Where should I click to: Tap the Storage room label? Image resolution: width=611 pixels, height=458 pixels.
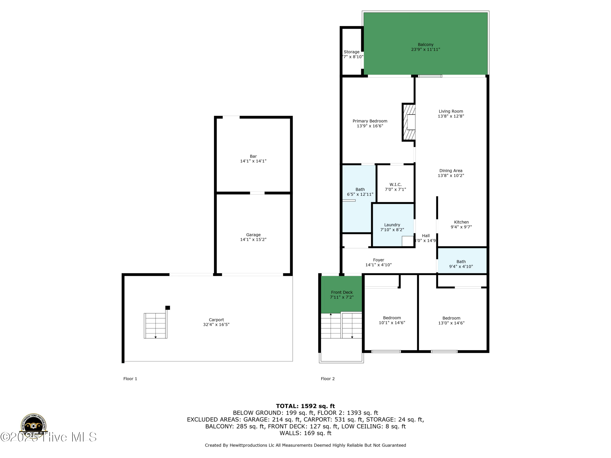click(351, 52)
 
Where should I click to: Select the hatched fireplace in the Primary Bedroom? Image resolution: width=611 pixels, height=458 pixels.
click(409, 122)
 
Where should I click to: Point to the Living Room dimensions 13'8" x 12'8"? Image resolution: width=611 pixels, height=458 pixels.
click(451, 116)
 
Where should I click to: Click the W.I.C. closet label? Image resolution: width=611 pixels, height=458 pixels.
click(395, 184)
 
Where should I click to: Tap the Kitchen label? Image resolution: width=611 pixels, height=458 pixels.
click(461, 222)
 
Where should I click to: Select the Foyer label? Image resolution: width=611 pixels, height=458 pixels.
click(378, 260)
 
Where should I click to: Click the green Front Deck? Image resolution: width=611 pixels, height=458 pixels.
click(342, 295)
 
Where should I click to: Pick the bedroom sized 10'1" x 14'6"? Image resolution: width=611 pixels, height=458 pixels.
click(392, 320)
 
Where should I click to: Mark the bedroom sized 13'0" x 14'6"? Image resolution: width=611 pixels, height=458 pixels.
click(451, 321)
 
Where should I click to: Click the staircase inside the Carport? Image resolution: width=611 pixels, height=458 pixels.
click(156, 326)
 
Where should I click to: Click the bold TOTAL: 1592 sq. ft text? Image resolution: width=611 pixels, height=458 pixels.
click(305, 406)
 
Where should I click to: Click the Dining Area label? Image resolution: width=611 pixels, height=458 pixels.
click(451, 171)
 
